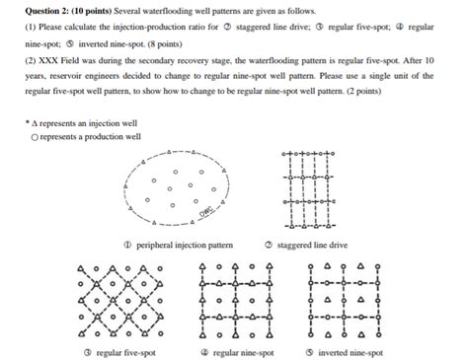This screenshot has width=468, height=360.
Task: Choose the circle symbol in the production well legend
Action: pyautogui.click(x=35, y=137)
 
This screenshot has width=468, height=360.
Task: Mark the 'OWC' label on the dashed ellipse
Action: pyautogui.click(x=206, y=211)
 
